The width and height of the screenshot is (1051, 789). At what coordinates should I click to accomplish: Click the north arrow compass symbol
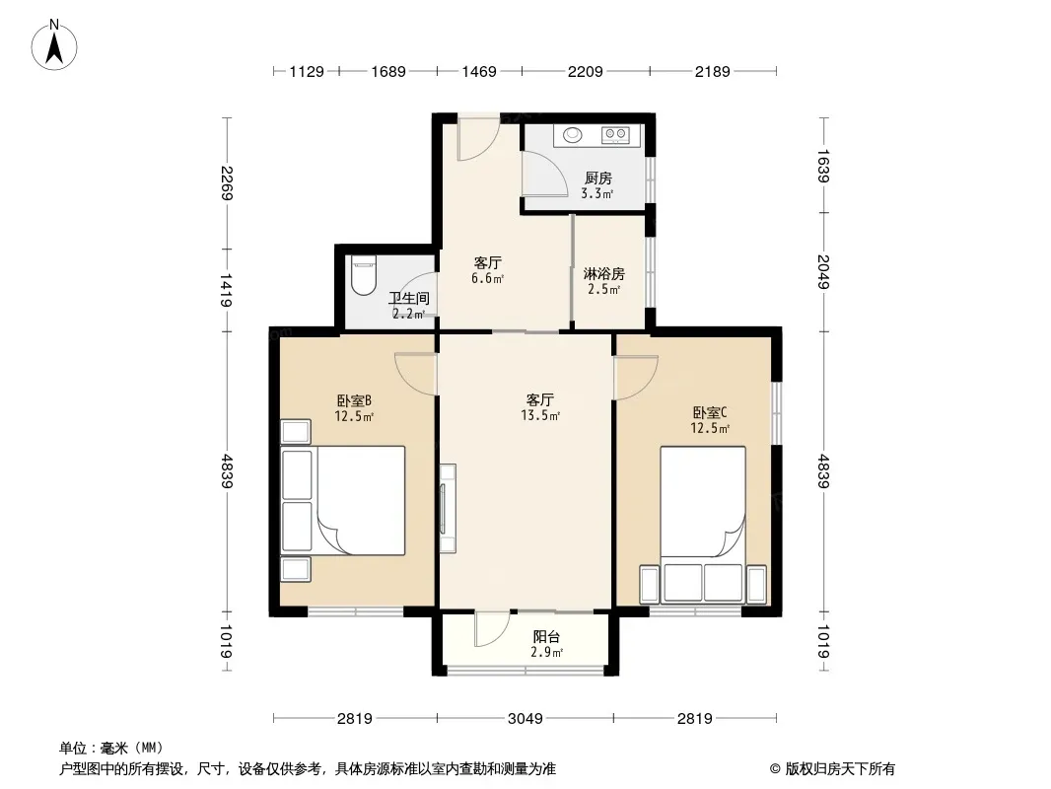54,45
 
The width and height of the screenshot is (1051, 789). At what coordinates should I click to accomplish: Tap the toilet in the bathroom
363,275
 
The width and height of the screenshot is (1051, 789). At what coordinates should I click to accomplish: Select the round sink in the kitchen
572,135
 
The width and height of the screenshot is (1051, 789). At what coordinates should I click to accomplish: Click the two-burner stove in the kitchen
615,135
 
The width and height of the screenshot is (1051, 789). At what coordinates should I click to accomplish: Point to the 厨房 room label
597,179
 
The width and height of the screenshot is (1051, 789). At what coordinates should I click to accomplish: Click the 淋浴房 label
604,273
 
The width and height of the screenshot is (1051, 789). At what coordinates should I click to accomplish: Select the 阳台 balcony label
546,637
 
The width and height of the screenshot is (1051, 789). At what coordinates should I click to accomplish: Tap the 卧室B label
354,400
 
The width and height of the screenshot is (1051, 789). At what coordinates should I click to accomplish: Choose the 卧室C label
710,412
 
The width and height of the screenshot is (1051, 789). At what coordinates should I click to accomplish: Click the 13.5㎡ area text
540,415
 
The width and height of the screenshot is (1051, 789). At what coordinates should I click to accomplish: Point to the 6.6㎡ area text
487,278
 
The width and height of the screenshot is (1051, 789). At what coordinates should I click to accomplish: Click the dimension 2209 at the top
586,71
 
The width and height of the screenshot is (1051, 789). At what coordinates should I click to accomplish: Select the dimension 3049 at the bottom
525,719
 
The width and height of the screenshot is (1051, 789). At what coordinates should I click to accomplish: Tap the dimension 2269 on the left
227,183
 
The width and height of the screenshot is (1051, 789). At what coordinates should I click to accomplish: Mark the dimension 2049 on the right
824,272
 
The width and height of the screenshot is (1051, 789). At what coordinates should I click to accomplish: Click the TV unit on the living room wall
447,508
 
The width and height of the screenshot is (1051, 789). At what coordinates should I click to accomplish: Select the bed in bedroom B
361,501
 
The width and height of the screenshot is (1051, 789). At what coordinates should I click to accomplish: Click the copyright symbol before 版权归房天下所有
775,769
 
